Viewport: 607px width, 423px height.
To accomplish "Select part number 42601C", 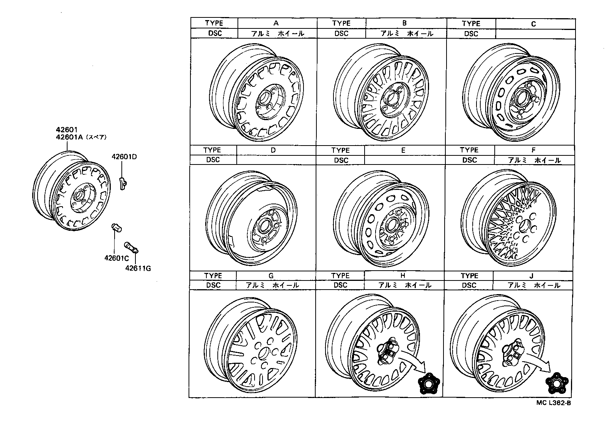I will tap(117, 258).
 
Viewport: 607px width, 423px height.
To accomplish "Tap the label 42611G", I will tap(138, 268).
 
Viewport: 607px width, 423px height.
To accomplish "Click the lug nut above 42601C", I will tap(116, 228).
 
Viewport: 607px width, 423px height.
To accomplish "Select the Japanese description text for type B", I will tap(406, 33).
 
